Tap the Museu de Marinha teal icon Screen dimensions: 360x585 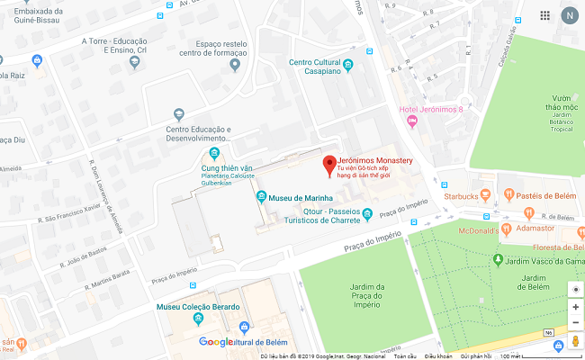[x=261, y=197]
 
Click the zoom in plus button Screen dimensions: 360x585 [x=575, y=307]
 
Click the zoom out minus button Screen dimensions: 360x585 [x=575, y=322]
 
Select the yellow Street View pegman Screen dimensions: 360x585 [x=575, y=342]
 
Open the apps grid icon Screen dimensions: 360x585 [x=544, y=15]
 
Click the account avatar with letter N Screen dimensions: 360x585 [x=569, y=15]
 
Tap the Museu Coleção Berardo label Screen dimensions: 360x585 [x=198, y=307]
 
